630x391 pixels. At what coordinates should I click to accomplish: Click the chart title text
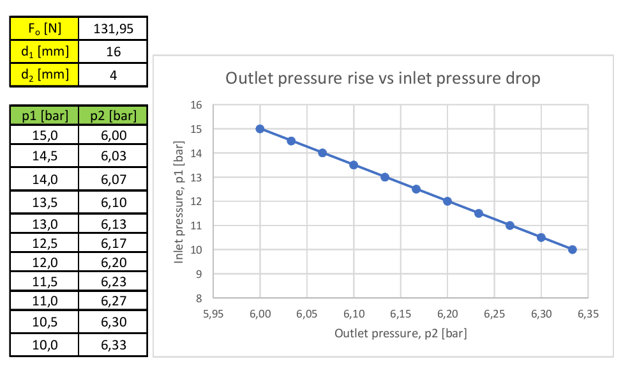383,79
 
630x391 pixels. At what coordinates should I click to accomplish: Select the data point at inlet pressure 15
260,128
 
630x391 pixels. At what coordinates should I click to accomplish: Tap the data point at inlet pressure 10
573,249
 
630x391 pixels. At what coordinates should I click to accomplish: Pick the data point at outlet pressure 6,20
447,201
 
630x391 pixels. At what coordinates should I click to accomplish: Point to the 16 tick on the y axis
197,105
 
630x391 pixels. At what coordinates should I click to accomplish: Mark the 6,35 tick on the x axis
588,314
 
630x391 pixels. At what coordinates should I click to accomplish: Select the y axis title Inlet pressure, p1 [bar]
179,201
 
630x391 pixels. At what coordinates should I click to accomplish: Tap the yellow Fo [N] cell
44,29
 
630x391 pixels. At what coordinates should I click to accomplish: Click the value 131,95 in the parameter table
113,29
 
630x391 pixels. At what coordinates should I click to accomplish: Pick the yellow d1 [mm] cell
44,52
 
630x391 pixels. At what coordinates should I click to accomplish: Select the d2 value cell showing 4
113,75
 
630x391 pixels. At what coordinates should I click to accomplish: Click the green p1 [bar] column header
44,116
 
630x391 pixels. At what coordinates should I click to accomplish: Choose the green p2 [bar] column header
113,116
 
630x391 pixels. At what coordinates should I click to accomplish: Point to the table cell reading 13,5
44,203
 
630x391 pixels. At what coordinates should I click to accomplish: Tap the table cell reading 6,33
113,345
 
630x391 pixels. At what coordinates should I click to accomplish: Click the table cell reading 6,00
113,135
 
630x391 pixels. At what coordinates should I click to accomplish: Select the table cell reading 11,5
44,282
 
